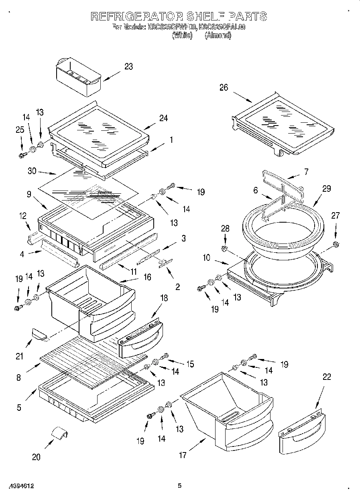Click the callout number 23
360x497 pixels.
[128, 67]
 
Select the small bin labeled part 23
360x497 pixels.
[78, 77]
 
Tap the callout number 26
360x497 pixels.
[224, 87]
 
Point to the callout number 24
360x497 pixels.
[163, 118]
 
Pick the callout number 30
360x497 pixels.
[32, 171]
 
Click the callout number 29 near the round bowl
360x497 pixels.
[327, 189]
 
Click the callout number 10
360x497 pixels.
[206, 258]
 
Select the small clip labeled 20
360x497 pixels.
[59, 434]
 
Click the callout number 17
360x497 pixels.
[183, 455]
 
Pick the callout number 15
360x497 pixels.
[189, 364]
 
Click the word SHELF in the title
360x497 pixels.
[205, 16]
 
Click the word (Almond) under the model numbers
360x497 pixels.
[218, 35]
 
